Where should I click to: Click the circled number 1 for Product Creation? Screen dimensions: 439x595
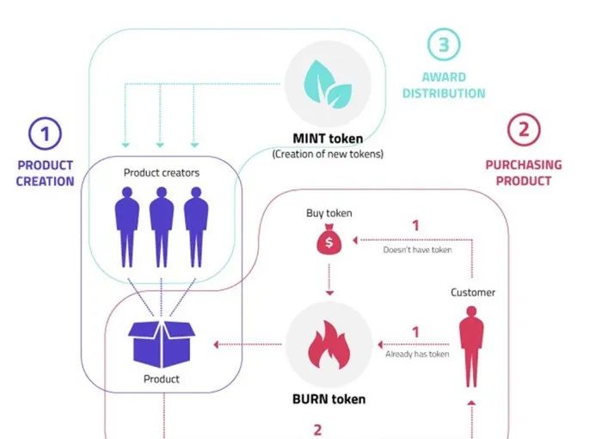tap(45, 133)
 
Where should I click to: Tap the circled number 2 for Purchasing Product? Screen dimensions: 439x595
tap(524, 131)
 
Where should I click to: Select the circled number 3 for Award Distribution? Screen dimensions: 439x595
tap(445, 45)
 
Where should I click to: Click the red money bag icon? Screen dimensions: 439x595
tap(328, 242)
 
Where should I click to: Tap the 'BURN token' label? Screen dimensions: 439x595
tap(330, 399)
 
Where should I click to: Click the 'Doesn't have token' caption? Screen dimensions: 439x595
tap(416, 250)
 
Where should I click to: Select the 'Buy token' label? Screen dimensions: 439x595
tap(328, 213)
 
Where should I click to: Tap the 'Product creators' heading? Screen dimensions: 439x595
tap(161, 173)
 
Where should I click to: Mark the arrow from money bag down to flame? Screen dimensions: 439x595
tap(329, 281)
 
